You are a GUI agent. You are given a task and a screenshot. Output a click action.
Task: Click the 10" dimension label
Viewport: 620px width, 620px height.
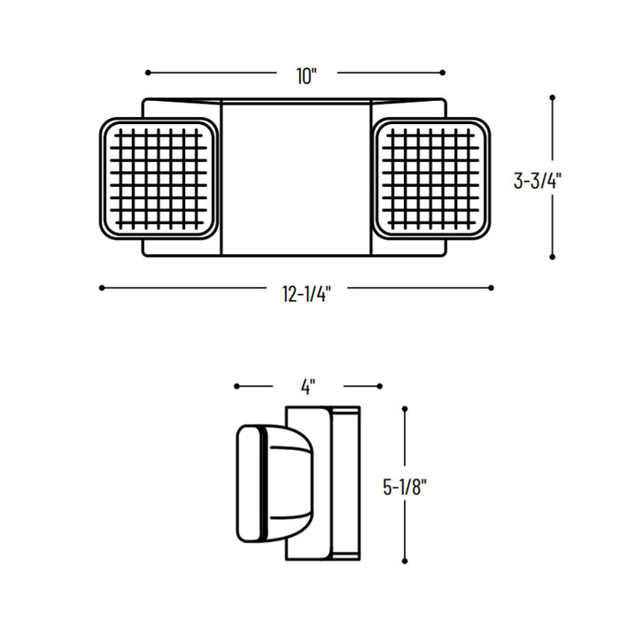306,76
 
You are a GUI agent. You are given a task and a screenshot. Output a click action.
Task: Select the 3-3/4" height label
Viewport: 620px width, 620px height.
538,180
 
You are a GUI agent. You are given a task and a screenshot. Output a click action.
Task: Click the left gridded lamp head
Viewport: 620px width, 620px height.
159,180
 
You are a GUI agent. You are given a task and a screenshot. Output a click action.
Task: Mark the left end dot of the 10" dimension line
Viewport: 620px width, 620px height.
147,73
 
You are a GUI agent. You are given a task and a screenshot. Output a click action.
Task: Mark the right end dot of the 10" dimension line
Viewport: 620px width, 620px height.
443,73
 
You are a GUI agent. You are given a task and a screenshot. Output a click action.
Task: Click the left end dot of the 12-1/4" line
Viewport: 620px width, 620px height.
102,287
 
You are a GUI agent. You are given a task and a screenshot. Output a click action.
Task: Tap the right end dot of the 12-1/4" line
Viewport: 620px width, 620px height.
491,287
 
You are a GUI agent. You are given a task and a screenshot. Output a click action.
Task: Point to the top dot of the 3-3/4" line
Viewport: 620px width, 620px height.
553,97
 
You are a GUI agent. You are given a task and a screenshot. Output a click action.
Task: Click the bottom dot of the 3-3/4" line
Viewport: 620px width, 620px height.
553,258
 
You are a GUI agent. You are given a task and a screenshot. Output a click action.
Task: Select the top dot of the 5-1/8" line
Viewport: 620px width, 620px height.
404,409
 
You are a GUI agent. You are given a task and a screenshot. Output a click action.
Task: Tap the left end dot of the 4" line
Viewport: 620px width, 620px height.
236,385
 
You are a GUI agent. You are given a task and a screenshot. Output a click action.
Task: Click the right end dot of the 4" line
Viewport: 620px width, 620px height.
380,385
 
